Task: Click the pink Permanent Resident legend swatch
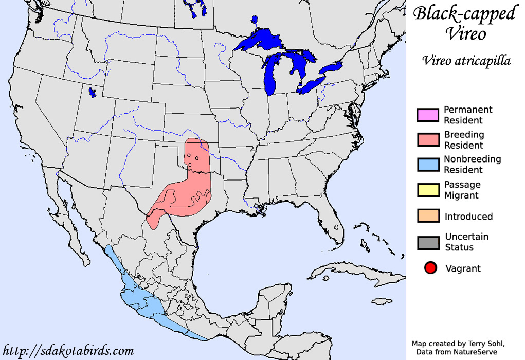[x=428, y=115]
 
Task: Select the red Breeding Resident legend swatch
[x=428, y=140]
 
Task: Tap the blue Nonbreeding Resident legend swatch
[x=428, y=165]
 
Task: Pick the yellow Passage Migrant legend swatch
[x=428, y=190]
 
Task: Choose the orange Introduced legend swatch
[x=428, y=216]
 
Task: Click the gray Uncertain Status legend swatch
[x=428, y=242]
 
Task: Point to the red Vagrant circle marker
[x=431, y=268]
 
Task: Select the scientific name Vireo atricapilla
[x=466, y=61]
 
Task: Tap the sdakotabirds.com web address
[x=68, y=351]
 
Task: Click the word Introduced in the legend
[x=468, y=217]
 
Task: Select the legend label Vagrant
[x=463, y=268]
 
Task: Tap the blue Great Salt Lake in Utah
[x=92, y=93]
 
